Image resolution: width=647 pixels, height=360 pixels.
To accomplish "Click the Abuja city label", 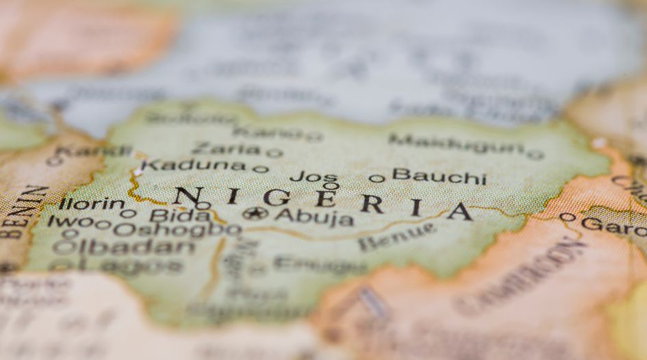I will tap(314, 218).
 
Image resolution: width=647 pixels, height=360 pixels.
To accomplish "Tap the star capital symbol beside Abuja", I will tap(255, 214).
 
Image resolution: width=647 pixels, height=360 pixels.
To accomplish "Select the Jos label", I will tap(314, 177).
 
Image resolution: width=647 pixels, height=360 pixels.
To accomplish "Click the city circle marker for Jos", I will tap(331, 185).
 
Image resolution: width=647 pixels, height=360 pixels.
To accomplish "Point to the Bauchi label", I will tap(439, 177).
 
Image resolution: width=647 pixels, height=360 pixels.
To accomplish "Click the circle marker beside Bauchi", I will tap(377, 179).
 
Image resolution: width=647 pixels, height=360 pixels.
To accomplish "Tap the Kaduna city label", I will tap(194, 165).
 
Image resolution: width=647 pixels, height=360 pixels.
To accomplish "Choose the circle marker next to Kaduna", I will tap(260, 169).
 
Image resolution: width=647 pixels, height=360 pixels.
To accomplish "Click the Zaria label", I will tap(226, 149).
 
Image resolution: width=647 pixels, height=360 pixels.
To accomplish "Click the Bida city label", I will tap(171, 216).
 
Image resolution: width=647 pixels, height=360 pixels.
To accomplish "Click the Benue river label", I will tap(396, 236).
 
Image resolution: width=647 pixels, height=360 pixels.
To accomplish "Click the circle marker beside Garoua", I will tap(567, 217).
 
